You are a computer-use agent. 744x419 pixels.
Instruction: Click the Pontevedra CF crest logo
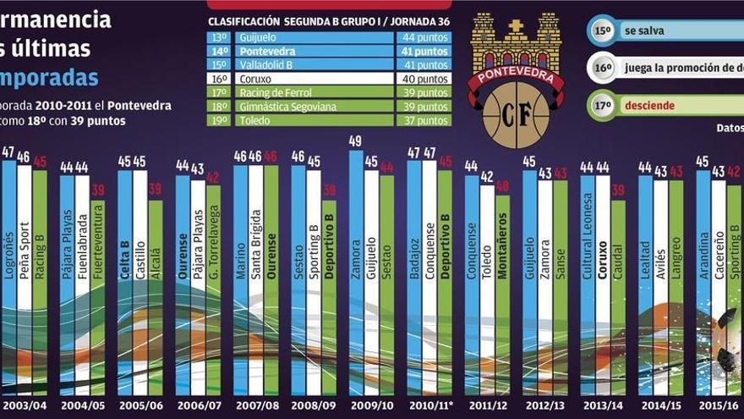click(x=516, y=78)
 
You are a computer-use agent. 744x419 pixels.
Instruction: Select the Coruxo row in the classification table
click(x=329, y=79)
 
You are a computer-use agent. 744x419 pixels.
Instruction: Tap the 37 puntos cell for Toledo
click(x=423, y=120)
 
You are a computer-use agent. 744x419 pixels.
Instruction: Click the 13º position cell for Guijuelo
click(x=220, y=37)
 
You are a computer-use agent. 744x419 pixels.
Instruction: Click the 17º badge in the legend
click(x=602, y=107)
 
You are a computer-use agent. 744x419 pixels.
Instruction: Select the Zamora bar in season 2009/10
click(x=356, y=271)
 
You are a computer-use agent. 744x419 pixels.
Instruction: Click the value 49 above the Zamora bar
click(x=356, y=141)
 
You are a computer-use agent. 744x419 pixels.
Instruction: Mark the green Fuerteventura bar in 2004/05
click(x=98, y=296)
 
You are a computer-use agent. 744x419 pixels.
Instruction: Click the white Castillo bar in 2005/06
click(x=140, y=279)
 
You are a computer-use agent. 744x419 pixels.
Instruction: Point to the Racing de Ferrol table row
click(x=329, y=92)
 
